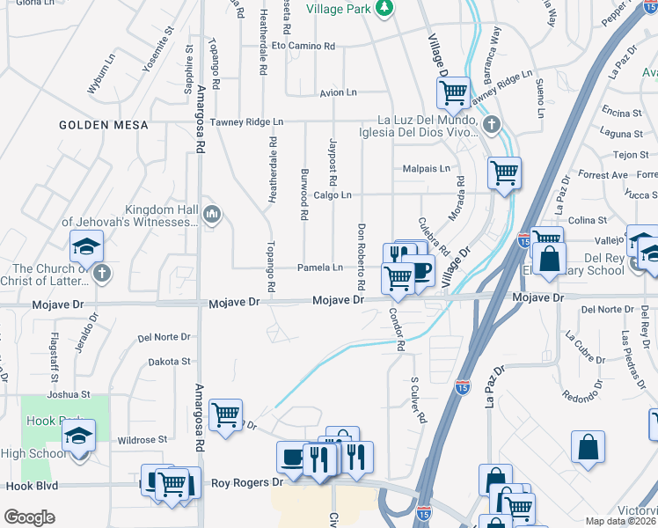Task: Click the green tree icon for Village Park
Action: [384, 8]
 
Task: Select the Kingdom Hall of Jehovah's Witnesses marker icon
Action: [211, 214]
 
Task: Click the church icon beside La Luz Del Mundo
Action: [491, 124]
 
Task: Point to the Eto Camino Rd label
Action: [303, 45]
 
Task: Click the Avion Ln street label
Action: [338, 92]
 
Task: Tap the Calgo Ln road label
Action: [333, 195]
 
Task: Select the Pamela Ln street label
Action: [319, 268]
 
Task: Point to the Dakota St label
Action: [169, 361]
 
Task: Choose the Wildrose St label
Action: [142, 439]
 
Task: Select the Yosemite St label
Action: [159, 57]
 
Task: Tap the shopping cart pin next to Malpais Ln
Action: [504, 172]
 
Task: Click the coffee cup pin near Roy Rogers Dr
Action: [293, 457]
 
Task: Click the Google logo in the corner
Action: [29, 517]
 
